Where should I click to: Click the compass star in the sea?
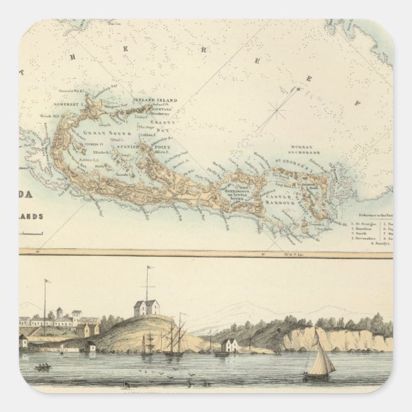point(276,111)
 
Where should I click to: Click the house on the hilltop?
point(147,308)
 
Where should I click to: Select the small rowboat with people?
point(44,367)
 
